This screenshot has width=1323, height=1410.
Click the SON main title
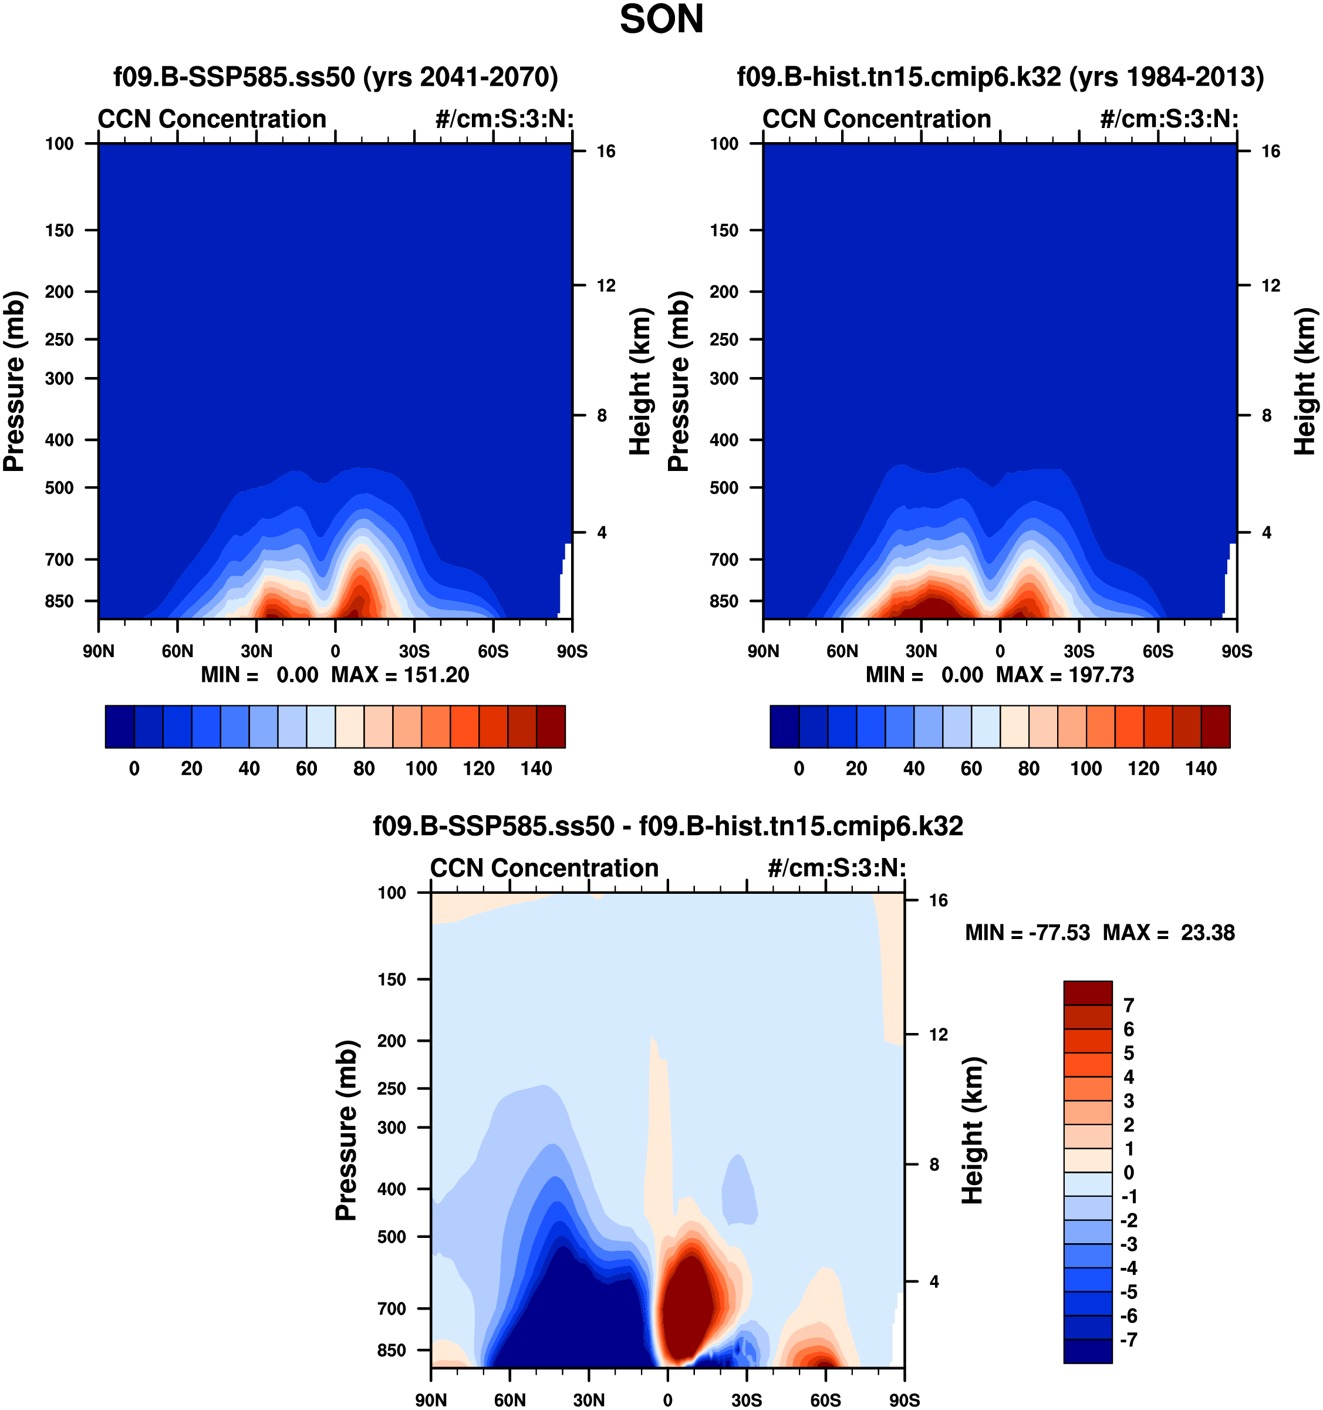pos(661,20)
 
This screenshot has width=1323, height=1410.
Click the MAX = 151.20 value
pos(400,675)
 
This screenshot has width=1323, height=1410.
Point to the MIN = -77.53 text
pos(1027,933)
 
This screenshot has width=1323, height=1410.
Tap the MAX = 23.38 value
pos(1169,933)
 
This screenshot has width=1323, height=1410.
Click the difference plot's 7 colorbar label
pos(1129,1005)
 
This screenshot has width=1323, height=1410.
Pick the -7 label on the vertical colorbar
pos(1129,1340)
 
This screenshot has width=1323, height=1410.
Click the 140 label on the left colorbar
pos(536,768)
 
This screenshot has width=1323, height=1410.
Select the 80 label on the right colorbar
pos(1029,768)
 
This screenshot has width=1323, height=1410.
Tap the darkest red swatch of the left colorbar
pos(551,726)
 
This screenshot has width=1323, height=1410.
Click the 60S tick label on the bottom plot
pos(825,1400)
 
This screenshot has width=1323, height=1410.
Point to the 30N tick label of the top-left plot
pos(256,651)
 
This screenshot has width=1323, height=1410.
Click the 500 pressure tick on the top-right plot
pos(724,488)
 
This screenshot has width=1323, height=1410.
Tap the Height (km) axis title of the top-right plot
pos(1305,382)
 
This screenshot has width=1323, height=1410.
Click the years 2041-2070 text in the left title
pos(461,76)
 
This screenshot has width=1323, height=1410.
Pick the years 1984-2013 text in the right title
pos(1166,76)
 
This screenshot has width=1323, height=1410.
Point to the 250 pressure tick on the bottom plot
pos(392,1089)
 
